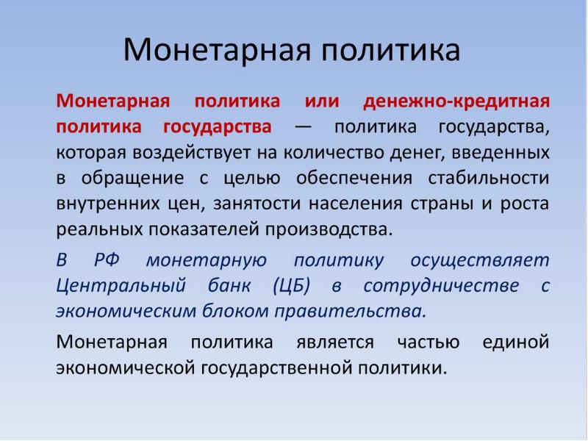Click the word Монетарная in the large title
coord(217,50)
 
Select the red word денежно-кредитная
coord(456,101)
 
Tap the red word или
coord(322,101)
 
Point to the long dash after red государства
coord(303,126)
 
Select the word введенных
coord(501,153)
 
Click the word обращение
coord(132,178)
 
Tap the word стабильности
coord(489,178)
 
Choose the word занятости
coord(257,204)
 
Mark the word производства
coord(329,229)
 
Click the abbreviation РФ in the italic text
coord(107,259)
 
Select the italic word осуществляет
coord(480,260)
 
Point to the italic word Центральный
coord(121,286)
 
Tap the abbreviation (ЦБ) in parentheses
coord(291,286)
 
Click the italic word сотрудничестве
coord(442,286)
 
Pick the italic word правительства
coord(351,311)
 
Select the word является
coord(335,342)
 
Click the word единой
coord(516,342)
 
